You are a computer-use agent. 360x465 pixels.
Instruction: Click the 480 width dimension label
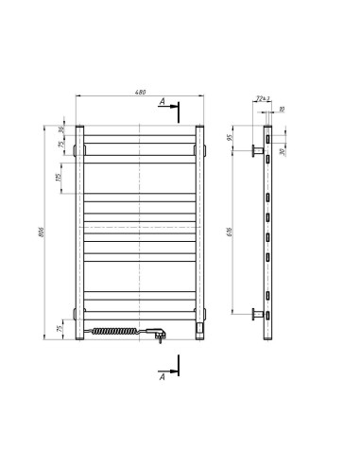click(x=140, y=92)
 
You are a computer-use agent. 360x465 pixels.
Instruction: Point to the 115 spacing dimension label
click(x=59, y=177)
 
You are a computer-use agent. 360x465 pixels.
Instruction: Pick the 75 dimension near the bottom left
click(x=60, y=329)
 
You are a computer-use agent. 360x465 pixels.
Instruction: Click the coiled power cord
click(x=118, y=331)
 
